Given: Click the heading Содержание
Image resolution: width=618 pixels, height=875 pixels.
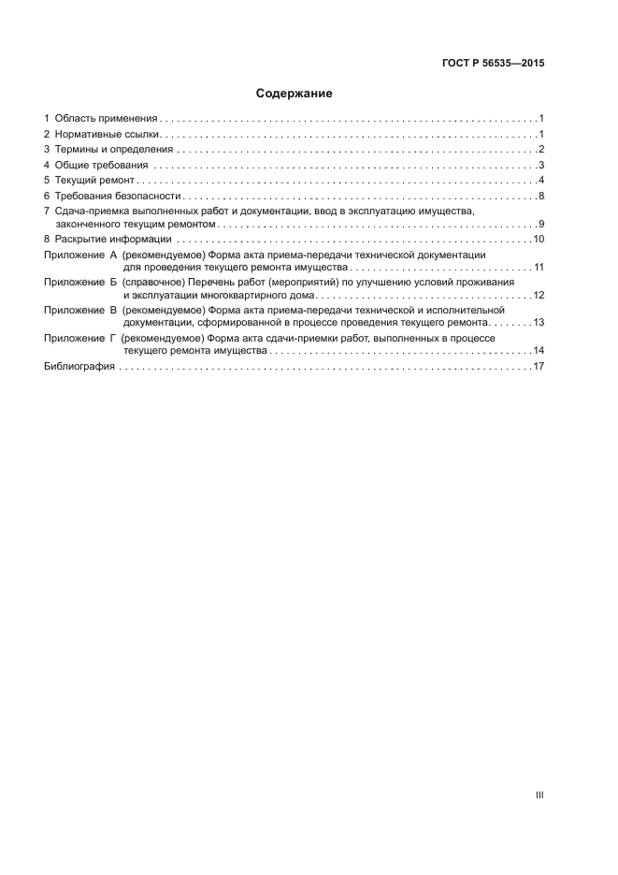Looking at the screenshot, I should coord(295,94).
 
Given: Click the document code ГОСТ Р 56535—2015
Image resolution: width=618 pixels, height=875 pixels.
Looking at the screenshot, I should coord(493,64).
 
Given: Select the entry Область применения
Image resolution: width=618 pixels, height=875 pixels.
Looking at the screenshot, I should coord(105,119).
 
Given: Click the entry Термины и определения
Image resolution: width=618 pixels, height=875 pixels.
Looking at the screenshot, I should coord(114,150).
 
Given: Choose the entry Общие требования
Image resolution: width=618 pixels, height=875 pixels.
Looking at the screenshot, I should coord(101,166).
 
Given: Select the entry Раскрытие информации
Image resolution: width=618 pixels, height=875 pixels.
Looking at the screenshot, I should coord(113,240).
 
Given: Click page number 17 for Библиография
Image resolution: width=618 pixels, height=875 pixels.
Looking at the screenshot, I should coord(539,367).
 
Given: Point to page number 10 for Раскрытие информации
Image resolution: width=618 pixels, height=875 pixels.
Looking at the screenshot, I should coord(539,240).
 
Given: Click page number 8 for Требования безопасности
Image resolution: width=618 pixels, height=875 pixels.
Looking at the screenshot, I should coord(541,196).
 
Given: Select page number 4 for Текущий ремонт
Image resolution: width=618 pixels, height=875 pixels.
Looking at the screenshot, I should coord(541,181).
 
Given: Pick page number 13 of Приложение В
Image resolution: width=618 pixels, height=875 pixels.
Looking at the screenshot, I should coord(539,322).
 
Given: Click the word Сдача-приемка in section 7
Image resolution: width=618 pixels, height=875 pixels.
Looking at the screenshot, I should coord(87,211).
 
